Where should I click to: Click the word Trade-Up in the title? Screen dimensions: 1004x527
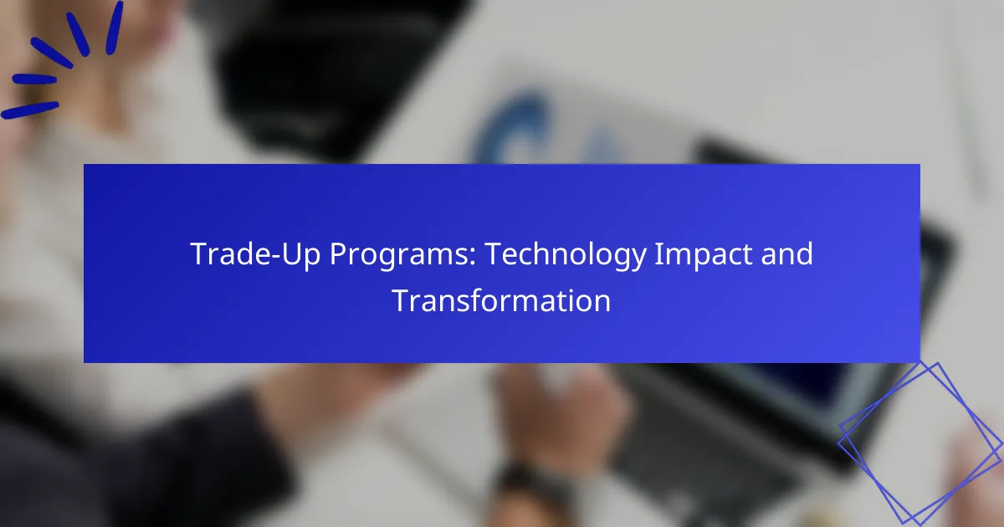point(255,253)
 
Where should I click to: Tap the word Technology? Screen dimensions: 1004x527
point(566,255)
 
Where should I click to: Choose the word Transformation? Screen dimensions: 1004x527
point(501,300)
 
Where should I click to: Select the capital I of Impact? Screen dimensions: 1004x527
point(658,254)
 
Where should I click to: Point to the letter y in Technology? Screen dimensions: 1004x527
point(638,260)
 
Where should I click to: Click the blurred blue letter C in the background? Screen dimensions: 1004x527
point(509,130)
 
